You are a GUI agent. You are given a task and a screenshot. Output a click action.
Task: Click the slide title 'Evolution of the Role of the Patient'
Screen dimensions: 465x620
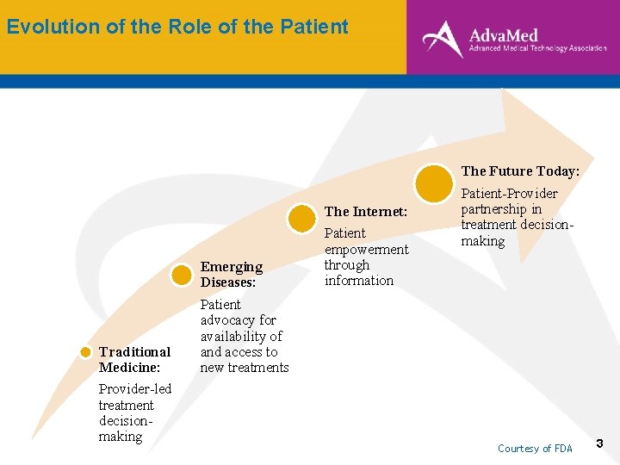point(177,27)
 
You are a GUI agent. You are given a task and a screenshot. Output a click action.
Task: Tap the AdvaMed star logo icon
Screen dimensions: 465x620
point(443,38)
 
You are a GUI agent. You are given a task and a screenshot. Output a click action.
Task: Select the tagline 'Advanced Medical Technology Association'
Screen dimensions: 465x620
point(537,49)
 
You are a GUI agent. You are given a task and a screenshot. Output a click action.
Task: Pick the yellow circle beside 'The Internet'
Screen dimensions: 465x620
point(302,218)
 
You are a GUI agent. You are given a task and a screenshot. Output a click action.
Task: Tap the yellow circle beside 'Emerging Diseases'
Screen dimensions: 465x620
point(182,276)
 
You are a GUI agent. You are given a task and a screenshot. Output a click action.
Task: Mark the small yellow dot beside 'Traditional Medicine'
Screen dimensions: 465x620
point(86,352)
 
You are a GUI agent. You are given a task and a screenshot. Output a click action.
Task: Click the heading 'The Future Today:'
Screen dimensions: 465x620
point(520,171)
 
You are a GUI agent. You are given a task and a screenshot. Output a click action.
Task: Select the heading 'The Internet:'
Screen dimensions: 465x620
point(365,212)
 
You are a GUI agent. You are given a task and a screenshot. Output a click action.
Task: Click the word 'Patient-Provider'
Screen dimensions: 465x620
point(509,194)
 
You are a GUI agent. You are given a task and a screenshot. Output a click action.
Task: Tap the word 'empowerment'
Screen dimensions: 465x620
point(366,249)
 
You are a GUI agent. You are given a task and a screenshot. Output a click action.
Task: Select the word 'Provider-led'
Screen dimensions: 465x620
point(135,389)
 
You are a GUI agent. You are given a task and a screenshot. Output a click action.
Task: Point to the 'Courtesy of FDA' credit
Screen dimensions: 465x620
point(535,449)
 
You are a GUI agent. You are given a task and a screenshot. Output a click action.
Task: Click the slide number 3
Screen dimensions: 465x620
point(600,444)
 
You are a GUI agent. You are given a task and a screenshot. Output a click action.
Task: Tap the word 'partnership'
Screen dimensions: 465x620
point(494,209)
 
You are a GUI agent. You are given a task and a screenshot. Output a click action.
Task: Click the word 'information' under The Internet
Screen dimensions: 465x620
point(358,281)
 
